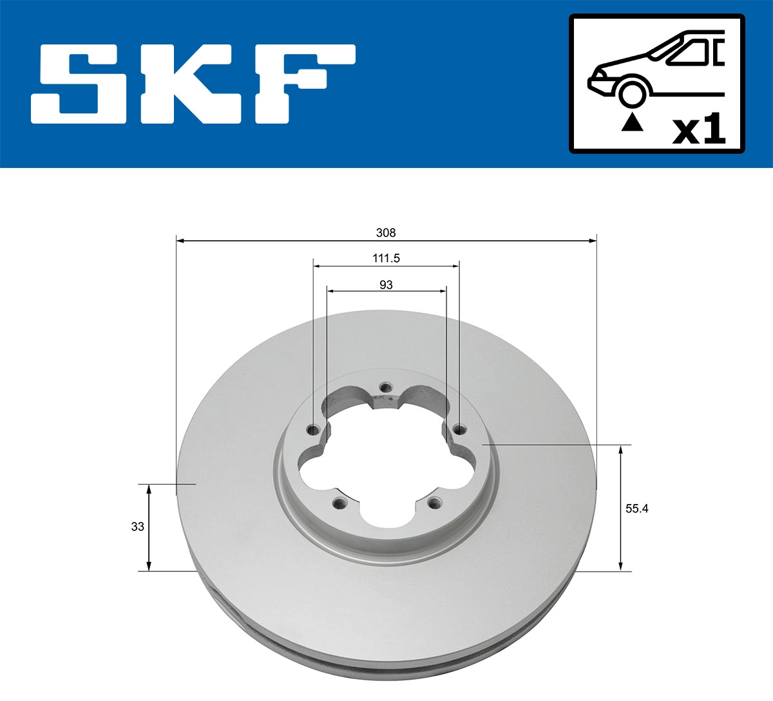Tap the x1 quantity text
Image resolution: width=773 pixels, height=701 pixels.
698,131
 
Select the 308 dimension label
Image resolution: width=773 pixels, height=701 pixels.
386,232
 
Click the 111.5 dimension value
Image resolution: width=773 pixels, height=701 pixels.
386,258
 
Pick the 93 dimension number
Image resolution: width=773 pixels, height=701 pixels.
386,285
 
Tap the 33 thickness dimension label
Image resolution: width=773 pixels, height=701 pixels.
137,527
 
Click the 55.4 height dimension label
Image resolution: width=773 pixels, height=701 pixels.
636,509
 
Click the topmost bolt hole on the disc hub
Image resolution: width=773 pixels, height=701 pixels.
385,388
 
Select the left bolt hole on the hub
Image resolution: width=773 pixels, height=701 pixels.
314,430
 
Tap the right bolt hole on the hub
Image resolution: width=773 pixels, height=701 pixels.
458,429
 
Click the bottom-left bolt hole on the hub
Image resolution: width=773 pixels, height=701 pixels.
337,502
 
